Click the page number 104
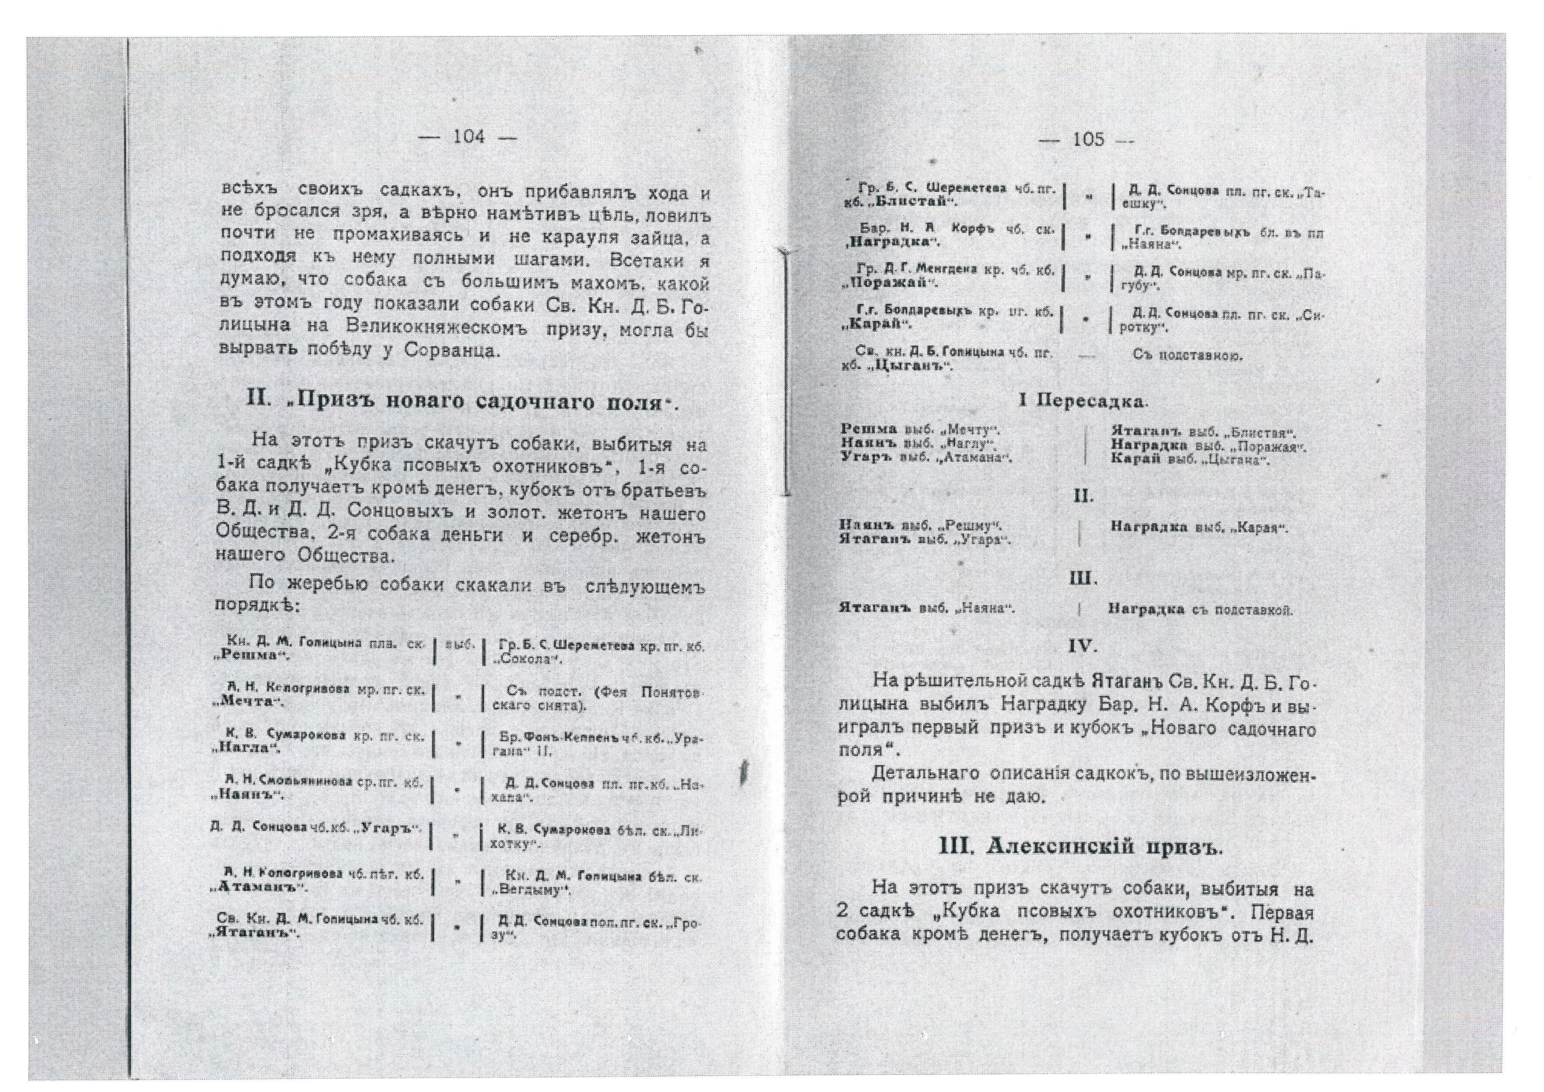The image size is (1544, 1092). pos(469,137)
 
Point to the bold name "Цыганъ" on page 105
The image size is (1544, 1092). pos(911,367)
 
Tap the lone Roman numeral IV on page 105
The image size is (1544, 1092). pos(1083,647)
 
